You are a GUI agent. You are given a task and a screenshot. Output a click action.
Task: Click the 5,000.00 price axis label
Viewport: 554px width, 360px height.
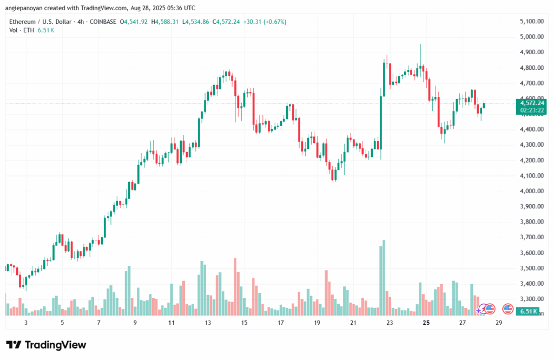pyautogui.click(x=531, y=37)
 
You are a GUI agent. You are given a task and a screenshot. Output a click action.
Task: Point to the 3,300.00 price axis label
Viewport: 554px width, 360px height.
pyautogui.click(x=531, y=299)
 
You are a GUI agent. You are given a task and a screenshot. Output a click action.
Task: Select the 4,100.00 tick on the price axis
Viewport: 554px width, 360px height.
pyautogui.click(x=531, y=175)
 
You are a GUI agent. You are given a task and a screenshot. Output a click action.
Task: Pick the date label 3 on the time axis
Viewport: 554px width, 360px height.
pyautogui.click(x=25, y=323)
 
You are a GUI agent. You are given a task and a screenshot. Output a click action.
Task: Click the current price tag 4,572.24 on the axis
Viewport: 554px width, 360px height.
pyautogui.click(x=531, y=102)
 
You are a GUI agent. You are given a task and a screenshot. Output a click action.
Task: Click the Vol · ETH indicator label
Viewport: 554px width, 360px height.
pyautogui.click(x=21, y=30)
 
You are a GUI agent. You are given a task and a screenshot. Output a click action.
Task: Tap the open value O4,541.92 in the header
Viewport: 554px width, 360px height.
pyautogui.click(x=136, y=22)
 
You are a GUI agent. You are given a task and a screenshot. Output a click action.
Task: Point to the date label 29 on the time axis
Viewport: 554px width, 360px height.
pyautogui.click(x=499, y=323)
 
